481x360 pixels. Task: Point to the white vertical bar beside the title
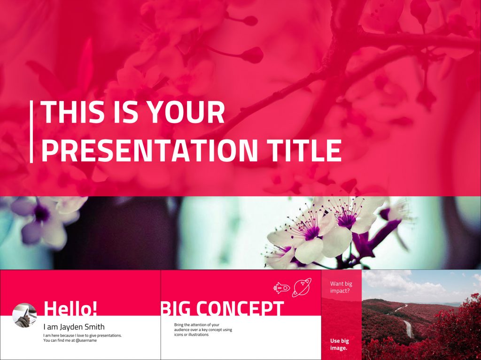pos(31,132)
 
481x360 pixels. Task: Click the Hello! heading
pos(70,308)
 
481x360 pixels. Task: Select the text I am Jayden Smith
pos(74,327)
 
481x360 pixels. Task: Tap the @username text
pos(86,340)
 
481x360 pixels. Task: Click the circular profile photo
pos(24,315)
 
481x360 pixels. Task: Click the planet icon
pos(302,287)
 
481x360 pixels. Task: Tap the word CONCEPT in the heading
pos(240,308)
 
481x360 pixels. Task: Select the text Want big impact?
pos(341,287)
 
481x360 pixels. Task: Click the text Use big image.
pos(339,344)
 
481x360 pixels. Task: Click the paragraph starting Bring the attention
pos(203,329)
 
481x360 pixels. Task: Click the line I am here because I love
pos(82,336)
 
